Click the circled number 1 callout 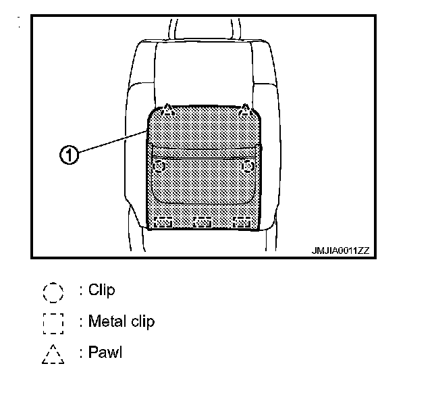tap(68, 155)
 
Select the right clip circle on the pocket tap(248, 165)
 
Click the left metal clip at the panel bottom tap(164, 221)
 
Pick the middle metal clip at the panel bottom tap(202, 221)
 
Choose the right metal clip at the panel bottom tap(242, 221)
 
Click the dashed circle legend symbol tap(53, 292)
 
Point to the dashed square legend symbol tap(53, 323)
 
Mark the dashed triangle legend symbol tap(53, 354)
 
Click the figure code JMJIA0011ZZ tap(340, 250)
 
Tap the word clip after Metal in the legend tap(140, 321)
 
